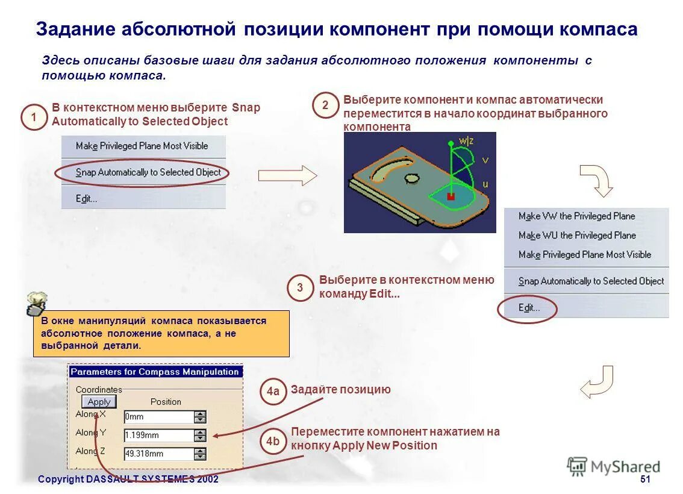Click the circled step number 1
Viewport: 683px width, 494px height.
pos(33,117)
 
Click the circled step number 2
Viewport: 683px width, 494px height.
pos(325,105)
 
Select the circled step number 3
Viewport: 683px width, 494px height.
pos(300,288)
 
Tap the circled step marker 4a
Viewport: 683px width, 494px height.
pos(273,392)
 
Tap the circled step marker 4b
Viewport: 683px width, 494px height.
pos(273,442)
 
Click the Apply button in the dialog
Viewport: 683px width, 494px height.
pos(99,402)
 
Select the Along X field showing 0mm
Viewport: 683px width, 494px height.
pos(158,416)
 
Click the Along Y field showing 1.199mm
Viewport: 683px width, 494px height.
pos(158,435)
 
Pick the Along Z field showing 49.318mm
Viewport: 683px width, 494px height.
pos(158,454)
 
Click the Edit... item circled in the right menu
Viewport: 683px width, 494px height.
pos(529,308)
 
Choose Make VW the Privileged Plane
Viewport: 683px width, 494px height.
pos(576,216)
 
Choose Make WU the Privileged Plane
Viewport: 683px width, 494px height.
pos(576,236)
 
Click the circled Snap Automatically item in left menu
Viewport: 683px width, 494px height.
pos(148,172)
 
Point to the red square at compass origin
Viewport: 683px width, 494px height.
pos(449,196)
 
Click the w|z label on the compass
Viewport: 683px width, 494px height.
pos(466,142)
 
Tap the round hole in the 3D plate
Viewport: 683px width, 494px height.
pos(412,178)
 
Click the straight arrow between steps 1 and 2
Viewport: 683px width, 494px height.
pos(287,175)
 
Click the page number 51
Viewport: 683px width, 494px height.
pos(645,479)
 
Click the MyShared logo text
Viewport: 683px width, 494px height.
pos(624,466)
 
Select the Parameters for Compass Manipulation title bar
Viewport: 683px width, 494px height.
pos(155,372)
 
